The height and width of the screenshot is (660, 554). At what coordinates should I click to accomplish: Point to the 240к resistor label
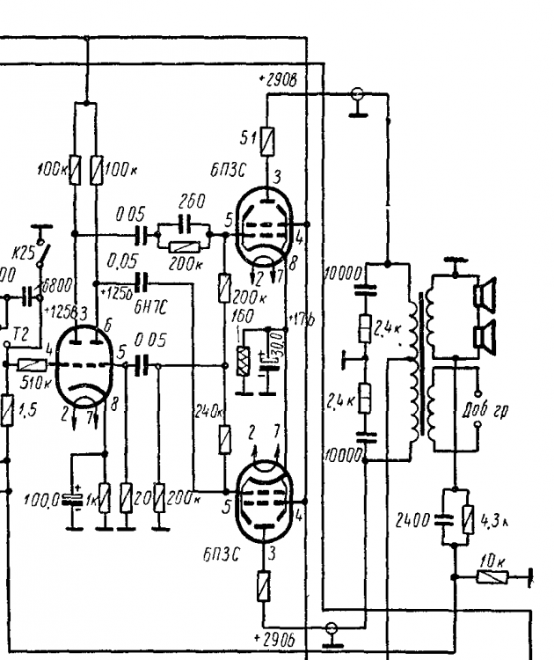tap(203, 409)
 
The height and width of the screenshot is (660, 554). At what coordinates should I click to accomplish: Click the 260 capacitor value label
tap(192, 202)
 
